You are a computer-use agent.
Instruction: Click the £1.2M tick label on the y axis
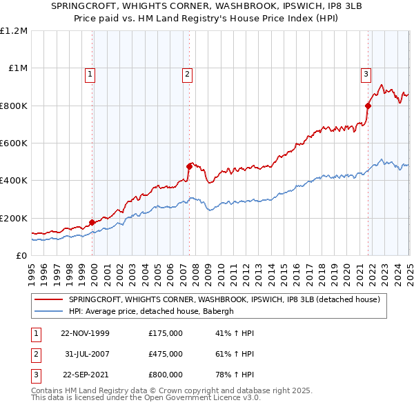14,31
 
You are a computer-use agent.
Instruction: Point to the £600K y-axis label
14,143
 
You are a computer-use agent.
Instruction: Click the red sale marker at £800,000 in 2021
368,106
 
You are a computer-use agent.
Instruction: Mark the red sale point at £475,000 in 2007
189,166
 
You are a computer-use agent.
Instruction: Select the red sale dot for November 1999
92,222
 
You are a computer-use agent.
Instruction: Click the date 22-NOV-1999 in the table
85,333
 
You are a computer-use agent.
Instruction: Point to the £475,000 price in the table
166,354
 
